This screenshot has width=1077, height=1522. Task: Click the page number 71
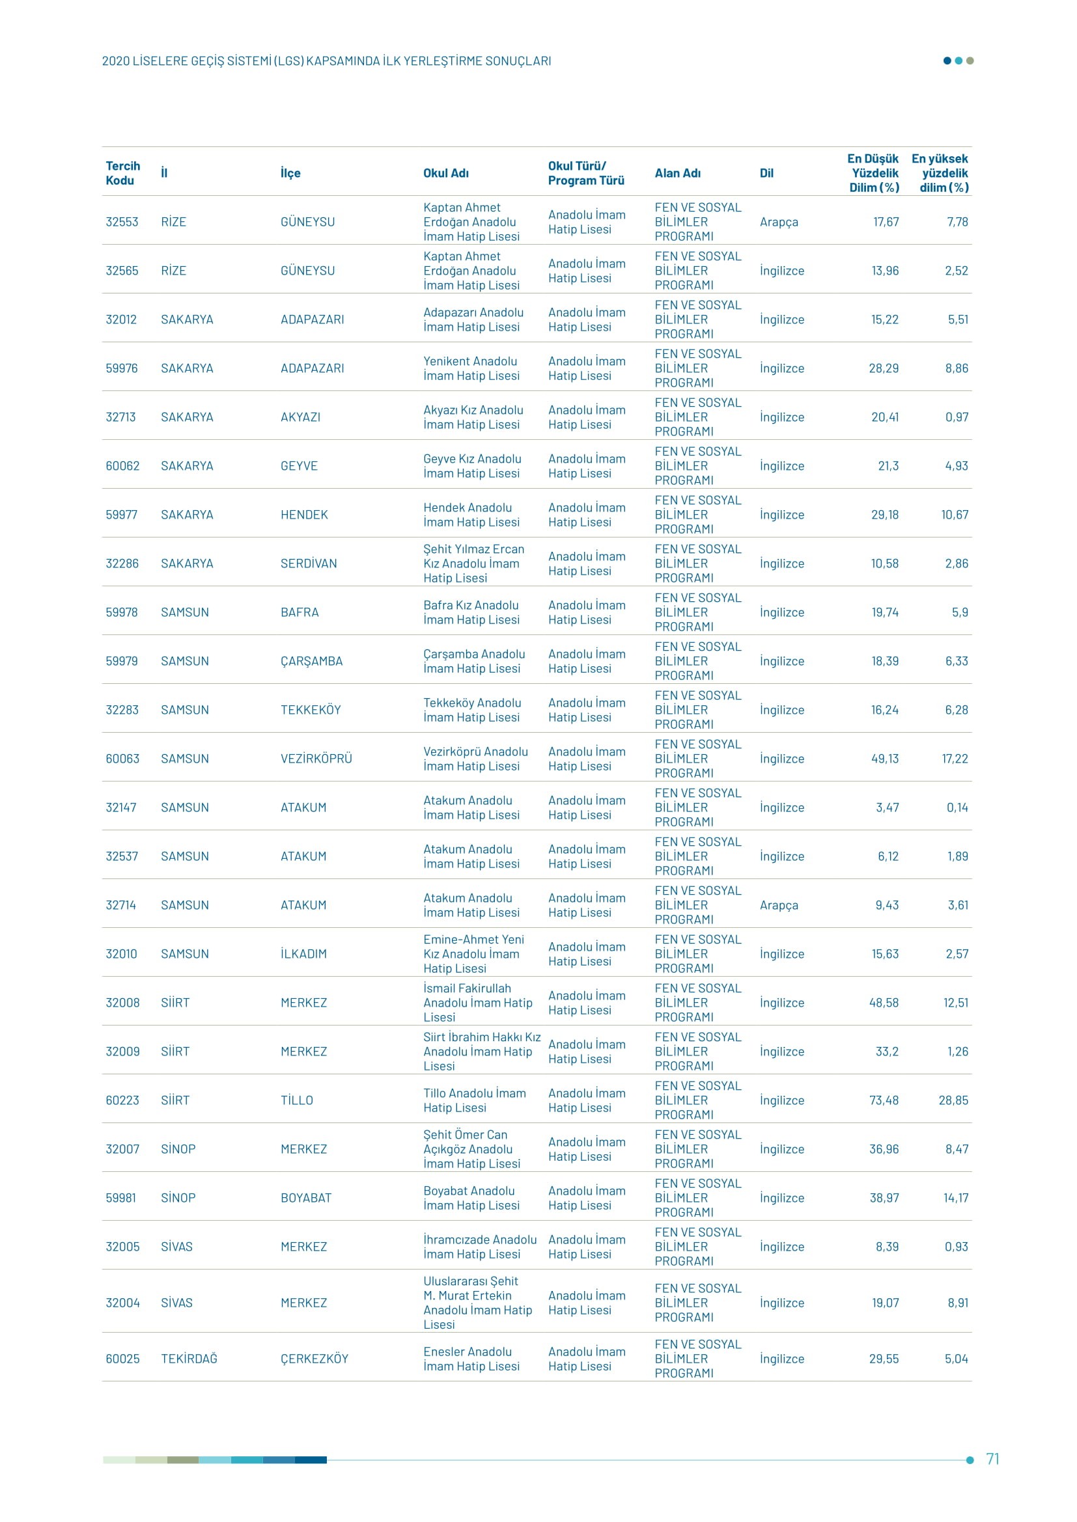992,1459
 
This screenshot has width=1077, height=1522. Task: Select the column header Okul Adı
445,173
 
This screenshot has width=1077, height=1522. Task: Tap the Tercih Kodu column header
122,173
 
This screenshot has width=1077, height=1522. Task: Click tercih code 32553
122,222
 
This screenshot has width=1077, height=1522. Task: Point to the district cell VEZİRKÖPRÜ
316,758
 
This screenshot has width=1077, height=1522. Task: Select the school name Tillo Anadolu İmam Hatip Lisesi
474,1100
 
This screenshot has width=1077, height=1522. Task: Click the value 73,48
884,1100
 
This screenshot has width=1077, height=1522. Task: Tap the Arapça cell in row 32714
779,905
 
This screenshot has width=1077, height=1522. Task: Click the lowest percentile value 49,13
885,758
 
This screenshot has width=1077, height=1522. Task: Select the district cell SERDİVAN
309,564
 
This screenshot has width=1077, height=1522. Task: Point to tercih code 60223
122,1100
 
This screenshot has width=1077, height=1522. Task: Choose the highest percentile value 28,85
953,1100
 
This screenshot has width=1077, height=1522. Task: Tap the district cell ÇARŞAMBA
311,661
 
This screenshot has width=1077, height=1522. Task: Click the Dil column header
766,173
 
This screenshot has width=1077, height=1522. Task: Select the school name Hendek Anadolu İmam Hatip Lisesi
471,515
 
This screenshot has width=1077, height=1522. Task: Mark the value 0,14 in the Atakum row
957,808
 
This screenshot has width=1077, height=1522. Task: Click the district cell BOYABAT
306,1198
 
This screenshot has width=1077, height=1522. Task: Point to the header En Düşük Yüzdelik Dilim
873,173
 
